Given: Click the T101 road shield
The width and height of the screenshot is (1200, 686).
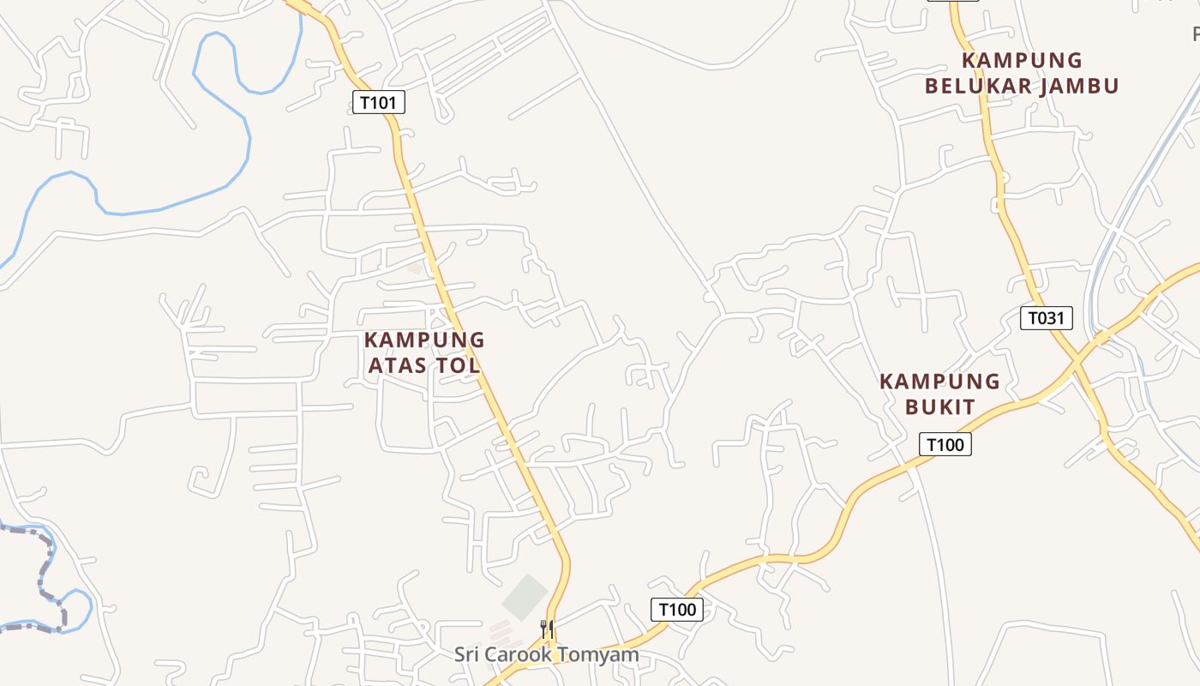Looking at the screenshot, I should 378,103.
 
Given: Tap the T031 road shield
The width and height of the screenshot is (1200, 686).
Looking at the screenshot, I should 1047,318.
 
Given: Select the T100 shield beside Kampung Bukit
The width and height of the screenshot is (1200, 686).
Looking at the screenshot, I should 945,444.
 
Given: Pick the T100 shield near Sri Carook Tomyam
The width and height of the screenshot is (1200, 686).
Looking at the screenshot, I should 677,610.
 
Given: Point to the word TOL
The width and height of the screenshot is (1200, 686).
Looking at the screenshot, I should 459,365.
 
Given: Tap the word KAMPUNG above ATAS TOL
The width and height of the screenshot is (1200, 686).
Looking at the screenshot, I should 424,340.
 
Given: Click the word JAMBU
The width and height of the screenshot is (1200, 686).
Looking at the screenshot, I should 1077,86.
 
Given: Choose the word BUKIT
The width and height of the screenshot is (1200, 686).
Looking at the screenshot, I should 940,406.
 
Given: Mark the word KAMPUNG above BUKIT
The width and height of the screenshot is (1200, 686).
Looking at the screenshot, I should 940,382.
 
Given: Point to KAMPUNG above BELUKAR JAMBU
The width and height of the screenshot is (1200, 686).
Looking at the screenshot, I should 1022,61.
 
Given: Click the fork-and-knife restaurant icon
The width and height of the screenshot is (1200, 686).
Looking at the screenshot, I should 547,629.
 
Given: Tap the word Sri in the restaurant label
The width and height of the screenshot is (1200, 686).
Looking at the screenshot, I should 468,655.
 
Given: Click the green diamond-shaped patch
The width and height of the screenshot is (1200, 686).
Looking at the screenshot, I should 525,598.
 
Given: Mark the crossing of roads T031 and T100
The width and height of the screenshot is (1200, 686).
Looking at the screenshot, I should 1077,364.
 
